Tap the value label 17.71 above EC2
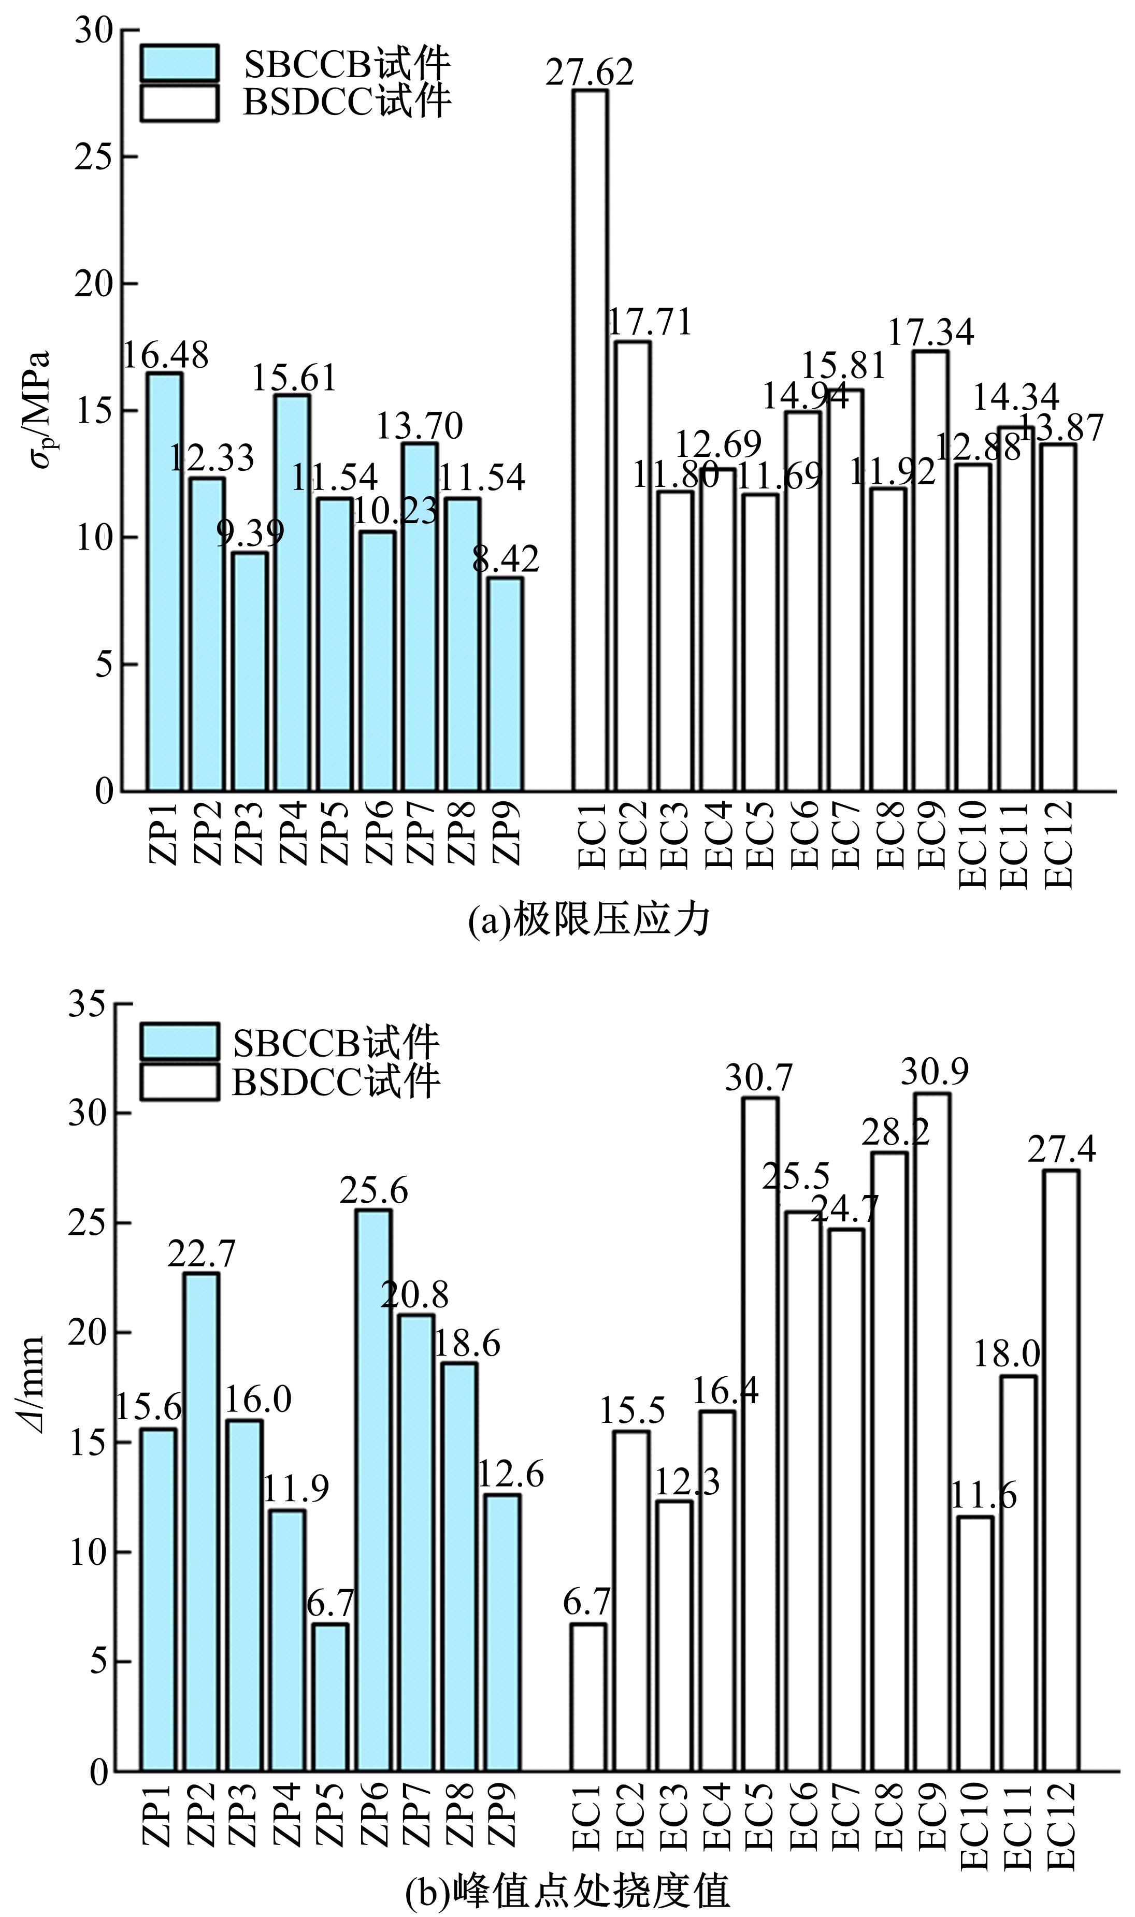pyautogui.click(x=649, y=323)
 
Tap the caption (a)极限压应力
pyautogui.click(x=589, y=920)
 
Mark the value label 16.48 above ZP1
pyautogui.click(x=166, y=355)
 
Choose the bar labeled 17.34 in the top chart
pyautogui.click(x=931, y=570)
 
